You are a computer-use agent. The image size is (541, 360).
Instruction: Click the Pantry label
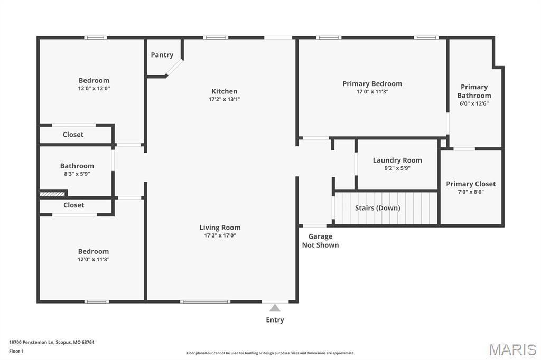tap(162, 55)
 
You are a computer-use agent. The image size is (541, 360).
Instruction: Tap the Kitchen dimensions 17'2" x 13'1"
tap(224, 99)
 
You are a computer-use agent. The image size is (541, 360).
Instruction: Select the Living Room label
tap(220, 228)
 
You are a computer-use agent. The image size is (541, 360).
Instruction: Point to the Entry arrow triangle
tap(275, 308)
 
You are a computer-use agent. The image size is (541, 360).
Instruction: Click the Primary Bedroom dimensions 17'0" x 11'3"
tap(372, 92)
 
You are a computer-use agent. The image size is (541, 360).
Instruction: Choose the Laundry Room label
tap(397, 160)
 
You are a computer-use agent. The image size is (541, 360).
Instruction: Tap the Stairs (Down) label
tap(378, 208)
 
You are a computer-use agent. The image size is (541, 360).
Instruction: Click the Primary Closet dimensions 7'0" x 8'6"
tap(471, 192)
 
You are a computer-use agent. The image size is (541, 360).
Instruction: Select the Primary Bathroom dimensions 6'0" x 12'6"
tap(474, 103)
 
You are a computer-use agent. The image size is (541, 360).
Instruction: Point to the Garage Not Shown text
tap(321, 241)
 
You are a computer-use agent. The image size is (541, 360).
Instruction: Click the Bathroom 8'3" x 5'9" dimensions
tap(77, 174)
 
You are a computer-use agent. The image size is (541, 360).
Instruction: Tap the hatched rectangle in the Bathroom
tap(52, 194)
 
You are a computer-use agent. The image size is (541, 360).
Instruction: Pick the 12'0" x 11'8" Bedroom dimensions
tap(94, 259)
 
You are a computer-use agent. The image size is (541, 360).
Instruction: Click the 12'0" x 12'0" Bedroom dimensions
tap(94, 88)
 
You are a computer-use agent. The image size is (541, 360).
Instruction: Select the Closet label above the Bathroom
tap(73, 135)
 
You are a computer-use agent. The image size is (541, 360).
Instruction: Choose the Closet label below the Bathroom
tap(74, 205)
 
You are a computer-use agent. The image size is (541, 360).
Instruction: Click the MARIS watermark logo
tap(512, 349)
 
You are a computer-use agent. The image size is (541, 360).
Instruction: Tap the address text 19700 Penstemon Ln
tap(32, 343)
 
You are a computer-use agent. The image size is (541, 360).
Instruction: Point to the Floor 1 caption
tap(16, 352)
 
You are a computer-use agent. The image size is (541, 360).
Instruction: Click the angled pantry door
tap(174, 67)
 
